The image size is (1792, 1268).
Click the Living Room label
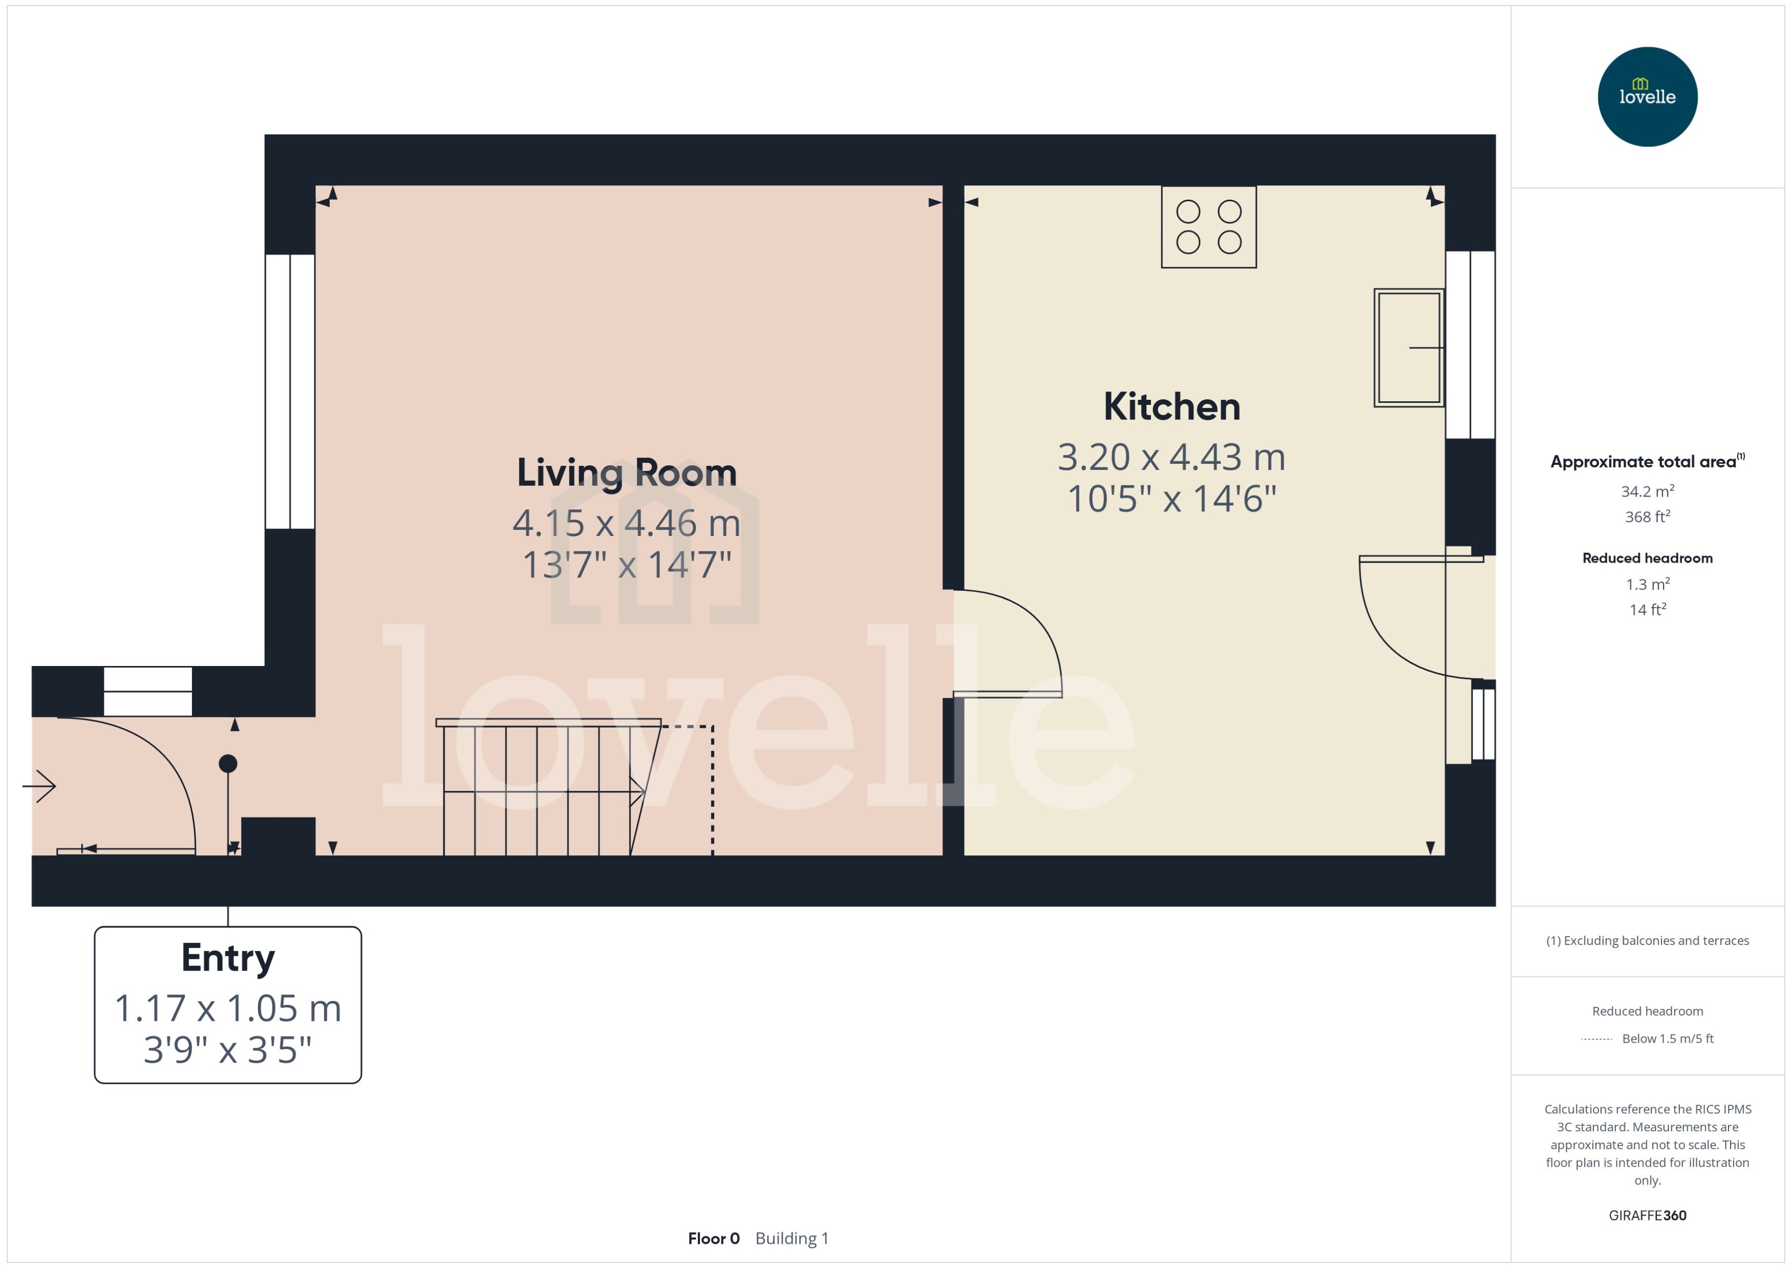[626, 473]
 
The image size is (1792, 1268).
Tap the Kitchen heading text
[1171, 407]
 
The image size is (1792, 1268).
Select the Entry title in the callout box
[227, 958]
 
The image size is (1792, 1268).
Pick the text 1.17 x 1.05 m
[227, 1008]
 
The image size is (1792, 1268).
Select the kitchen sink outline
[1408, 348]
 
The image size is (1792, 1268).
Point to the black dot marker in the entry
[227, 764]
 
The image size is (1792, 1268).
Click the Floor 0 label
[713, 1238]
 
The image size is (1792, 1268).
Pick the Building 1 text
[791, 1238]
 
